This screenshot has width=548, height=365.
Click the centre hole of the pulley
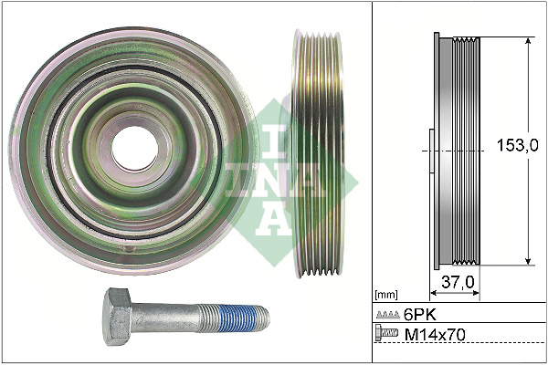[135, 147]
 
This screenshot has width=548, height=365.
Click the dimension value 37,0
[458, 283]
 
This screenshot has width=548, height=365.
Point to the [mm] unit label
[386, 295]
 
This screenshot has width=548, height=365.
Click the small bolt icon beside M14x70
[386, 336]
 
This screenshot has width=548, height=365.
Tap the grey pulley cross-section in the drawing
[456, 151]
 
